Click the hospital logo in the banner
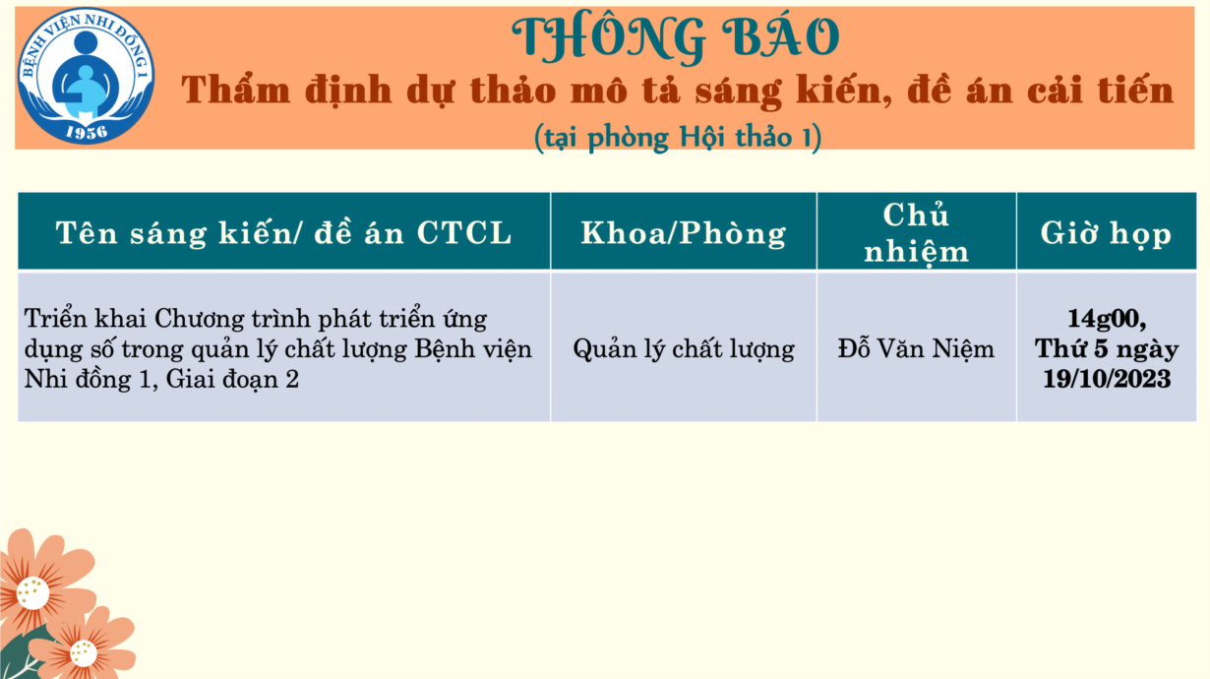pyautogui.click(x=86, y=76)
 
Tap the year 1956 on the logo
pyautogui.click(x=87, y=132)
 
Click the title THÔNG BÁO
pyautogui.click(x=676, y=37)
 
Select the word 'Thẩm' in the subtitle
pyautogui.click(x=236, y=90)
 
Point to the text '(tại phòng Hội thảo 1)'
pyautogui.click(x=678, y=137)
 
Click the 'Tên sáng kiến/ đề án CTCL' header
pyautogui.click(x=284, y=233)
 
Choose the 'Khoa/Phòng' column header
pyautogui.click(x=684, y=233)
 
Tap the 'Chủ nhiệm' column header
pyautogui.click(x=916, y=233)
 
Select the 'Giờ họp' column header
pyautogui.click(x=1106, y=233)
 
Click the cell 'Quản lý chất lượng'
pyautogui.click(x=684, y=349)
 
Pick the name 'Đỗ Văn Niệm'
pyautogui.click(x=916, y=348)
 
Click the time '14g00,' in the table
pyautogui.click(x=1107, y=319)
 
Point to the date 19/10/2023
pyautogui.click(x=1107, y=379)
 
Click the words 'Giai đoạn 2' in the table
pyautogui.click(x=232, y=379)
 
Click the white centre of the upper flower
pyautogui.click(x=32, y=592)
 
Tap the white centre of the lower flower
pyautogui.click(x=84, y=653)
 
